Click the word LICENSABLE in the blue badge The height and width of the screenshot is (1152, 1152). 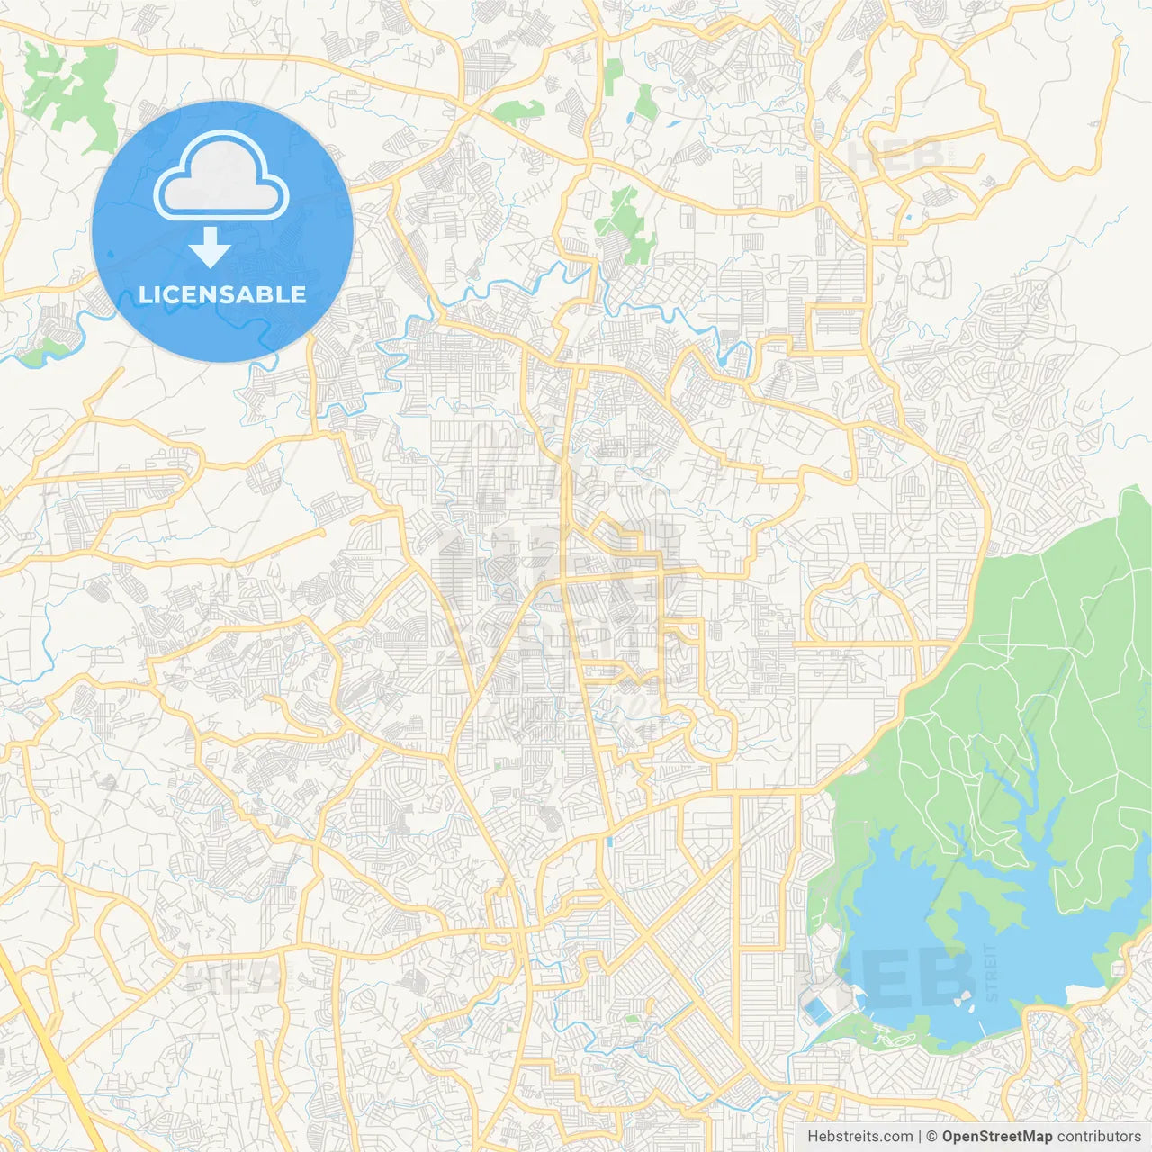pos(222,294)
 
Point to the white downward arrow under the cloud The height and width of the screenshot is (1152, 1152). pos(210,247)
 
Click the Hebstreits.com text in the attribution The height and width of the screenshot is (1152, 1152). pos(859,1137)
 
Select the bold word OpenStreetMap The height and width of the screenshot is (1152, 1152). pos(996,1137)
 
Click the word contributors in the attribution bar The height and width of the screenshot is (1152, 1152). pos(1099,1137)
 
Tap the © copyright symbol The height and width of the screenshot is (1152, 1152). pos(932,1137)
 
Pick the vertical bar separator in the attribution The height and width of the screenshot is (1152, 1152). pos(920,1137)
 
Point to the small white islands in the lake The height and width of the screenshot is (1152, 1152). pos(961,999)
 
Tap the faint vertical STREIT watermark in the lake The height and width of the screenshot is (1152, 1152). pos(991,972)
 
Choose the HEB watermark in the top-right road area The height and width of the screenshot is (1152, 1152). pos(895,158)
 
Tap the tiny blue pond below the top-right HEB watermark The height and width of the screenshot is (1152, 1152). pos(907,217)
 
